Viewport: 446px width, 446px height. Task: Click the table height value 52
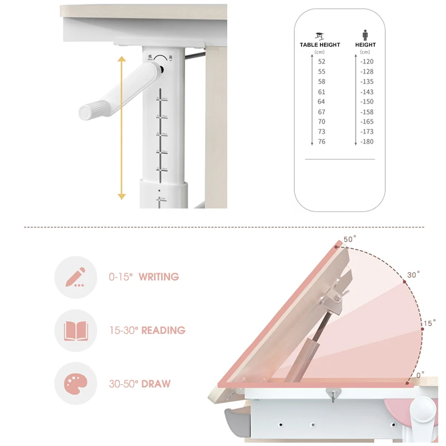pos(322,62)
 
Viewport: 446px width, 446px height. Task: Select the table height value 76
pos(322,142)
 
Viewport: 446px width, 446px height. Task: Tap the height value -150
pos(366,101)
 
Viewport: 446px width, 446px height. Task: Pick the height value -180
pos(366,142)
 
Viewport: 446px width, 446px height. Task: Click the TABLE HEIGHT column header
pos(319,45)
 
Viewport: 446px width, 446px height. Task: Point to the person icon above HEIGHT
pos(365,35)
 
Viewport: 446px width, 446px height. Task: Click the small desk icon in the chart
pos(319,35)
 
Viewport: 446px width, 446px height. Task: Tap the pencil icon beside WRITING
pos(76,277)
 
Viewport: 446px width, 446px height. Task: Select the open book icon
pos(76,331)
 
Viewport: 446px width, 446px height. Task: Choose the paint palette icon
pos(76,384)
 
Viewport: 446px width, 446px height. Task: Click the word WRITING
pos(159,277)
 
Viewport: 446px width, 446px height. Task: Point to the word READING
pos(163,331)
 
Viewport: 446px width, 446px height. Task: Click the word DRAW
pos(156,384)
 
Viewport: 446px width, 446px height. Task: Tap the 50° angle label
pos(350,239)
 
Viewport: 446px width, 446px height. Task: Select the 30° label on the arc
pos(413,275)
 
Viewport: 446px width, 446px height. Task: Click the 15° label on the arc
pos(429,323)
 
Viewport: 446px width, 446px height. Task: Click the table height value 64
pos(322,101)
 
